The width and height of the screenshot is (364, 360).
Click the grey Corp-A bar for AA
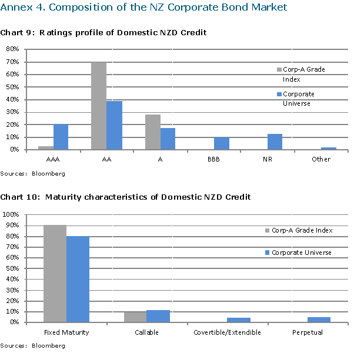pyautogui.click(x=99, y=106)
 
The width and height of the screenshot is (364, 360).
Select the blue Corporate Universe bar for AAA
pyautogui.click(x=61, y=137)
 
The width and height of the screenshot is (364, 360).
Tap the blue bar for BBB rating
pyautogui.click(x=222, y=143)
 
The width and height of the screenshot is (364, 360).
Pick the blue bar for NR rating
pyautogui.click(x=275, y=142)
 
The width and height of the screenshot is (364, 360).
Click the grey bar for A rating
pyautogui.click(x=153, y=132)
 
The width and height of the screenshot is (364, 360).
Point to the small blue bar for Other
pyautogui.click(x=329, y=149)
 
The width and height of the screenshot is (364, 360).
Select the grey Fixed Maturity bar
pyautogui.click(x=55, y=274)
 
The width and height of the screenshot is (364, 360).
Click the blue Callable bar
pyautogui.click(x=158, y=316)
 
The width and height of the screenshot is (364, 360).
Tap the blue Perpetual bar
pyautogui.click(x=319, y=319)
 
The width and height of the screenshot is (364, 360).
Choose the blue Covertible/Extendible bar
pyautogui.click(x=239, y=320)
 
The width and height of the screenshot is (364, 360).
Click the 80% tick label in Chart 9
pyautogui.click(x=13, y=49)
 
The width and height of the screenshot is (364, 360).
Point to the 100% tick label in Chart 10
pyautogui.click(x=11, y=215)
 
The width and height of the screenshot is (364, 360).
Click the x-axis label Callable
pyautogui.click(x=146, y=333)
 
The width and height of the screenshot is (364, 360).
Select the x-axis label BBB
pyautogui.click(x=214, y=159)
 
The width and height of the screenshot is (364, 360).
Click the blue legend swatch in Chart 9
pyautogui.click(x=279, y=94)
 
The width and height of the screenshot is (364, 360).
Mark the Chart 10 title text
pyautogui.click(x=125, y=197)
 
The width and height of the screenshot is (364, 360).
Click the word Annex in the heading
pyautogui.click(x=16, y=8)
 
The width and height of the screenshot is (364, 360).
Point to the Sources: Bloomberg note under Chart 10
pyautogui.click(x=32, y=346)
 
